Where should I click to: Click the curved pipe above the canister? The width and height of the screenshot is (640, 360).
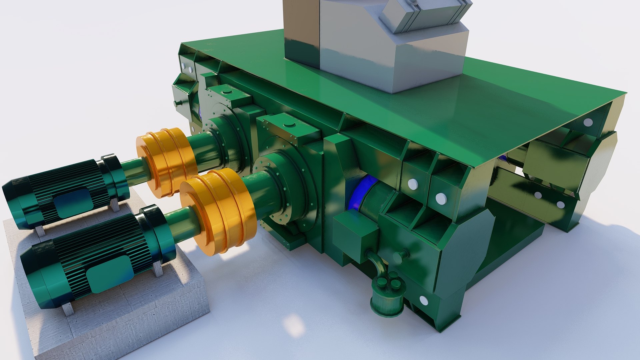pos(377,263)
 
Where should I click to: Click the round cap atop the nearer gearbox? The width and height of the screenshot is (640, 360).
pos(289,125)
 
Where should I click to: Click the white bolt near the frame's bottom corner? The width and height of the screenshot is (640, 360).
pos(424,301)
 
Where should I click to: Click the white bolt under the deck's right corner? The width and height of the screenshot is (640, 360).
pos(588,122)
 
